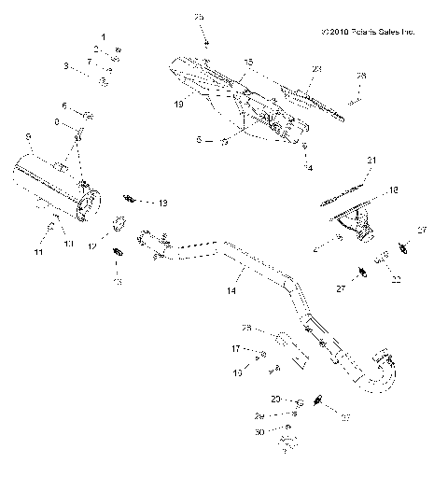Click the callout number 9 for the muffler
click(30, 138)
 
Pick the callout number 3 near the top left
click(66, 66)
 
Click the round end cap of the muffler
click(91, 203)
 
